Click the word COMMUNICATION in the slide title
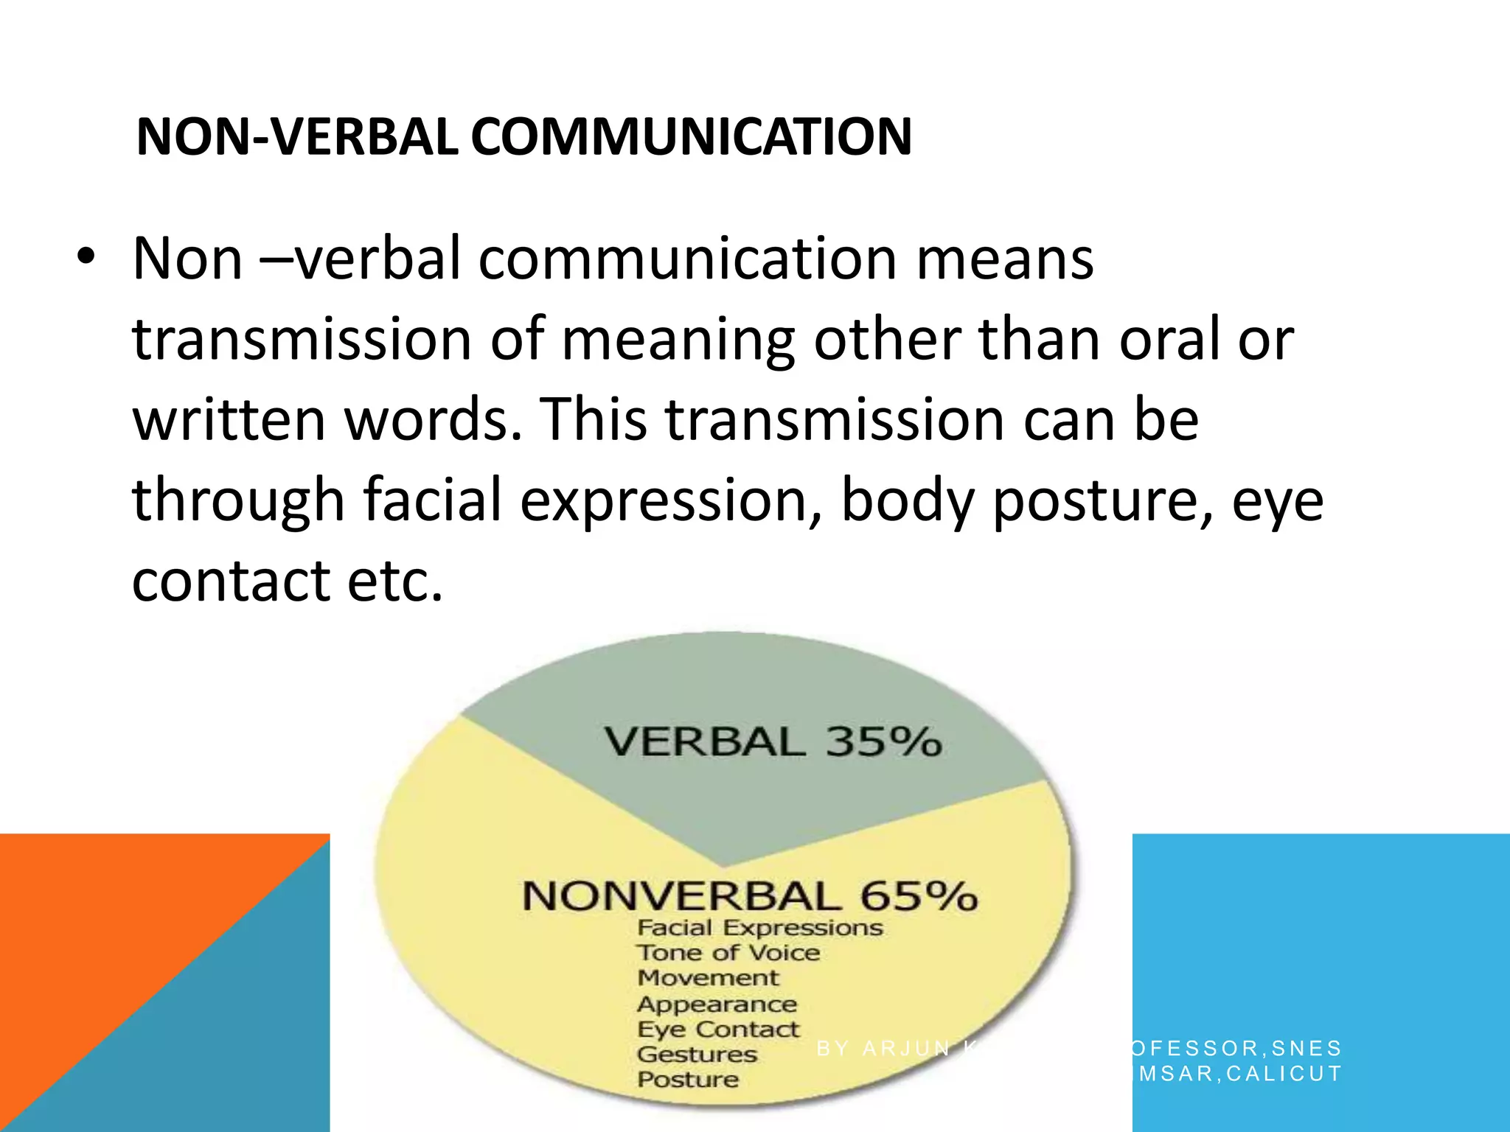pos(692,137)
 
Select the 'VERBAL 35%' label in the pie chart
pos(773,741)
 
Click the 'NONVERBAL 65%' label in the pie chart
pos(750,896)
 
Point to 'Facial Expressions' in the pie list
pos(759,928)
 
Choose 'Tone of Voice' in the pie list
pos(728,953)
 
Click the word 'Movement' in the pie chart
pos(708,978)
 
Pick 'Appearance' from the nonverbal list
pos(717,1005)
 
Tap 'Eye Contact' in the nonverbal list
pos(718,1030)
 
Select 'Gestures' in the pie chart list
pos(697,1055)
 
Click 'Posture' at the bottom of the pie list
pos(688,1080)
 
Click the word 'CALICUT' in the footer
pos(1284,1074)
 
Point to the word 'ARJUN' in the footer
pos(906,1048)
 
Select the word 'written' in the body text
pos(229,419)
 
